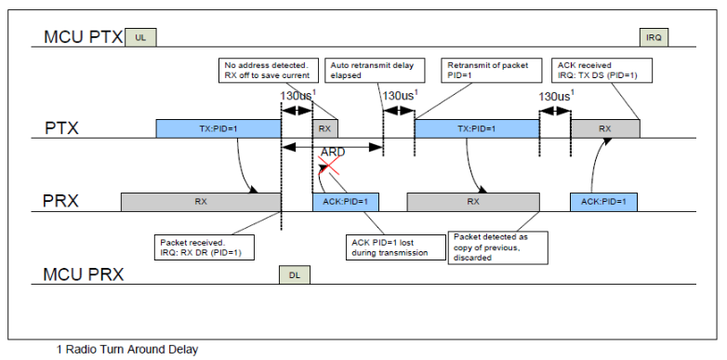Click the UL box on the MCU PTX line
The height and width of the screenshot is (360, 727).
141,37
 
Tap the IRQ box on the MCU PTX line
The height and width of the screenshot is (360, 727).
654,37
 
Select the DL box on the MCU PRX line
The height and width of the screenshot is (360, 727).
295,275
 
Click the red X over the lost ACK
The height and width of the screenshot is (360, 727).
329,166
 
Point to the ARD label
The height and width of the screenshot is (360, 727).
333,153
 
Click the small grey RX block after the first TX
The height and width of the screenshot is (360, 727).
325,128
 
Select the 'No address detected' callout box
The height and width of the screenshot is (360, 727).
268,70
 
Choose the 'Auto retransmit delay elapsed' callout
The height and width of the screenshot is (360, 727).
376,70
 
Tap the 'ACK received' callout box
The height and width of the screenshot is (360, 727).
601,70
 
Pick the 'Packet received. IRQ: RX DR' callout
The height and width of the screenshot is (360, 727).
205,247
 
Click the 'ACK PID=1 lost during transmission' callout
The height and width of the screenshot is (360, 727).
395,247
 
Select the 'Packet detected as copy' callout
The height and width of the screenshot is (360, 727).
498,247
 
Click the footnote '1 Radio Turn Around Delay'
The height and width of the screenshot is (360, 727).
127,350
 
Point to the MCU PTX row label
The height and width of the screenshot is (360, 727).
84,37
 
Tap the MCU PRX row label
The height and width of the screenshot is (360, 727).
84,274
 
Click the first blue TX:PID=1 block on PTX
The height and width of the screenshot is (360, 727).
218,128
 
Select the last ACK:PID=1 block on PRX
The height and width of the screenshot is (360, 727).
603,202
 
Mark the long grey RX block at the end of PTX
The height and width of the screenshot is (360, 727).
605,128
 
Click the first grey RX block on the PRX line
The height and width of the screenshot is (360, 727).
201,202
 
